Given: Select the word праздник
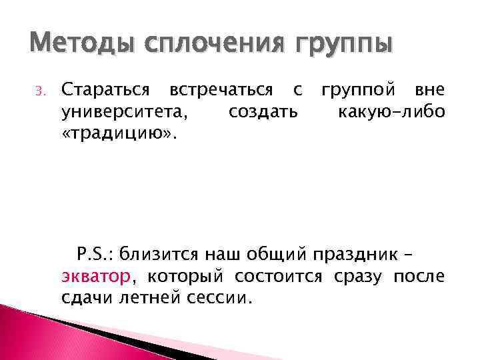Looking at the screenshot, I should pyautogui.click(x=361, y=253).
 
